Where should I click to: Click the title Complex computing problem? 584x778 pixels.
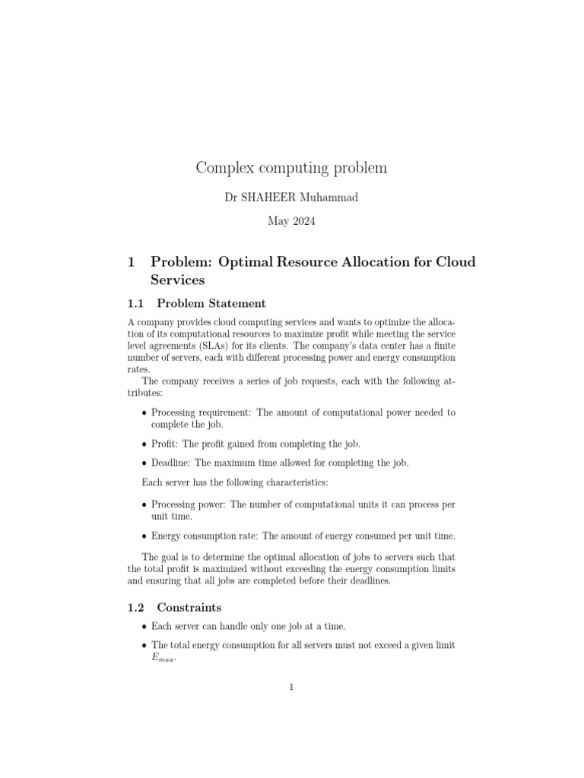(291, 168)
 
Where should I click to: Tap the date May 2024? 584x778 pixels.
(291, 222)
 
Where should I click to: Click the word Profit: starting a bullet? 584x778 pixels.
(166, 444)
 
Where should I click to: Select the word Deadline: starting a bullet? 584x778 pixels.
(173, 463)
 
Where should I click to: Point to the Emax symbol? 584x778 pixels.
(163, 659)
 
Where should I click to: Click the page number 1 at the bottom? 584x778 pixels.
(291, 688)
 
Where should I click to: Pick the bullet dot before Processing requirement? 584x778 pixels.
(145, 413)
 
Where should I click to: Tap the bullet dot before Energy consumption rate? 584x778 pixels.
(145, 536)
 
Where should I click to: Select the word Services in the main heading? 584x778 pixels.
(179, 279)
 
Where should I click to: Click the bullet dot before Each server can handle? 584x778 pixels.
(145, 626)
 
